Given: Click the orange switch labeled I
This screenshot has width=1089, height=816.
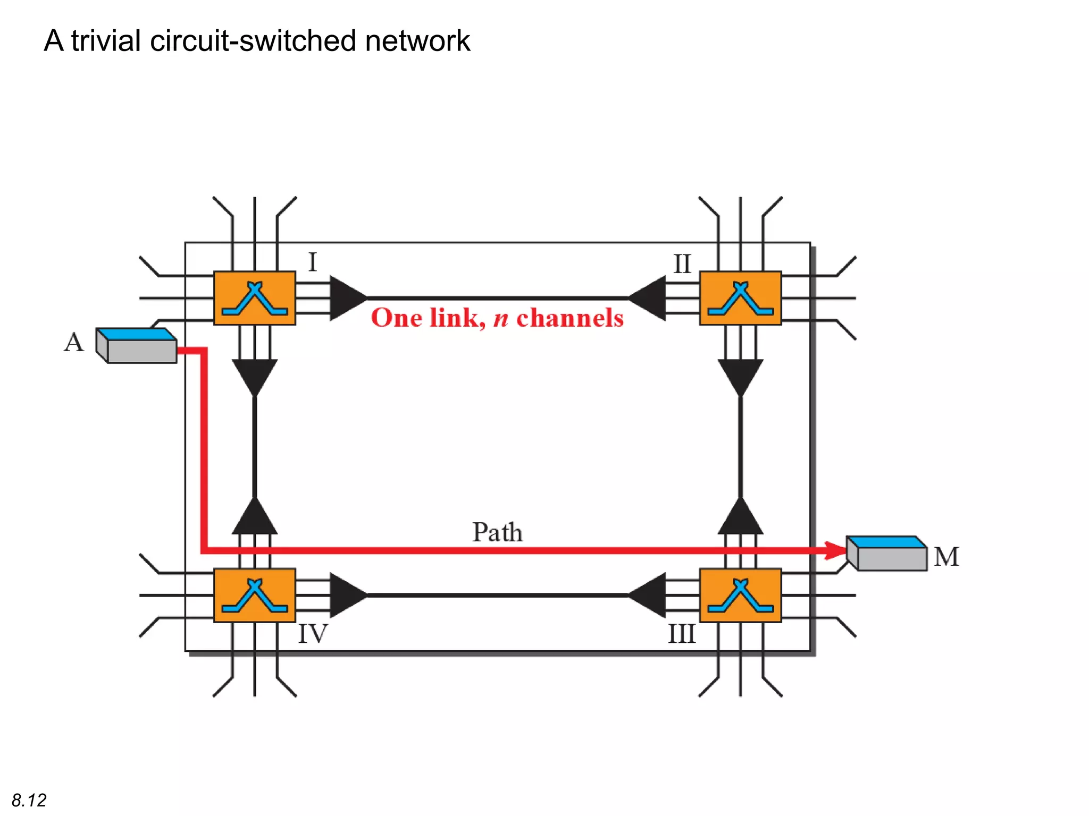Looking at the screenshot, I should coord(254,298).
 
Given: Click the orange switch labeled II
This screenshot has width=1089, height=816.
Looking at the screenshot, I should coord(740,298).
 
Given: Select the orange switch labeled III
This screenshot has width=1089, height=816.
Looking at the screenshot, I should coord(740,595).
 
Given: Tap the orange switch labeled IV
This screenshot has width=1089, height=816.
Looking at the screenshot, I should coord(254,595).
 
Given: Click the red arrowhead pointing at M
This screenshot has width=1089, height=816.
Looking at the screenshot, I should coord(835,550).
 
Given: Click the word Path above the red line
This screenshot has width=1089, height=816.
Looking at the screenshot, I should coord(497,532).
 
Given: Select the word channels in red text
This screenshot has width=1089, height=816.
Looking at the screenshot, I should coord(569,318).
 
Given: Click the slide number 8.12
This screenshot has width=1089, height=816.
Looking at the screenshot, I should coord(29,800).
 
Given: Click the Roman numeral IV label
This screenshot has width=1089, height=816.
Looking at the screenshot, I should coord(313,634).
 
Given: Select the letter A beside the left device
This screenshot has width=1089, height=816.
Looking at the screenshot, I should coord(73,342).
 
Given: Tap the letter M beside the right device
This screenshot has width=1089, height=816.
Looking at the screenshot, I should coord(946,557).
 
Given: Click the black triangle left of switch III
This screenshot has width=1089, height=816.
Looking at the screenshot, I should coord(650,595).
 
